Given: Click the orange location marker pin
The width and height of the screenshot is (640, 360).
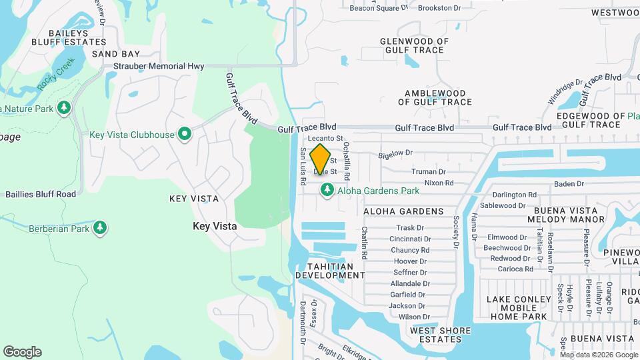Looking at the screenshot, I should [x=321, y=159].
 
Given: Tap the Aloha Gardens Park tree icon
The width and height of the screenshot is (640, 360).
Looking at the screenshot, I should [x=327, y=191].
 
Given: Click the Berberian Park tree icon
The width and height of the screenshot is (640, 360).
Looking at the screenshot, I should [x=99, y=229].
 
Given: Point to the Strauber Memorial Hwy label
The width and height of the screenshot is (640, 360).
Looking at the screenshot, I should [x=158, y=66].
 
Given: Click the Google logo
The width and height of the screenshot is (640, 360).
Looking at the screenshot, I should [x=22, y=352].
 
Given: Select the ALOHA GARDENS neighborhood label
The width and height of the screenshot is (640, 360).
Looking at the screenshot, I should [x=403, y=211].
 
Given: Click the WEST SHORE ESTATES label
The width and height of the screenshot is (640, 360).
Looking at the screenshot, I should [x=436, y=335].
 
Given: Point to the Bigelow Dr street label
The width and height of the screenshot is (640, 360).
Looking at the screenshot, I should [x=396, y=153].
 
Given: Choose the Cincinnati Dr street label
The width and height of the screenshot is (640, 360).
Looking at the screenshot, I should [x=411, y=239].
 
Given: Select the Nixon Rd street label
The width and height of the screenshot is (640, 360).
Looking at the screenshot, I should [x=439, y=183].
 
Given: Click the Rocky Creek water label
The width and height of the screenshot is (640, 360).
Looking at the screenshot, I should [x=56, y=74].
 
